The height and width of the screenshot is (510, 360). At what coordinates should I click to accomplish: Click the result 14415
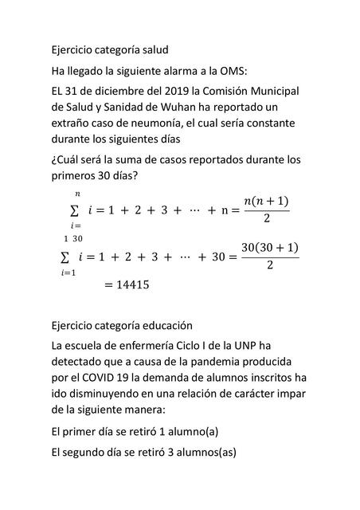click(127, 284)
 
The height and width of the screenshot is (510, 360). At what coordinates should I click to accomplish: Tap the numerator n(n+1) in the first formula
click(266, 200)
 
